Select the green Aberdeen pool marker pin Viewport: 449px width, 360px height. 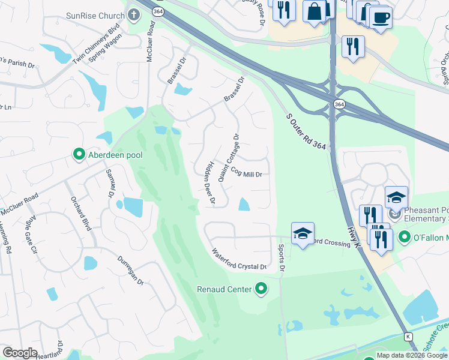coord(79,155)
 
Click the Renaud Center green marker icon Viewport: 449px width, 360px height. coord(261,289)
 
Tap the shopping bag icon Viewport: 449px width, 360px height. coord(315,11)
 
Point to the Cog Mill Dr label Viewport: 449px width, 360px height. coord(243,172)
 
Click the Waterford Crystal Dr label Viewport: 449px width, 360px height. coord(239,259)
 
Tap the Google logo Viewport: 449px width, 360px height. coord(20,352)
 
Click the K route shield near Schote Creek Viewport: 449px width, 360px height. coord(408,337)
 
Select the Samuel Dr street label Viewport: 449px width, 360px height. coord(110,184)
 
